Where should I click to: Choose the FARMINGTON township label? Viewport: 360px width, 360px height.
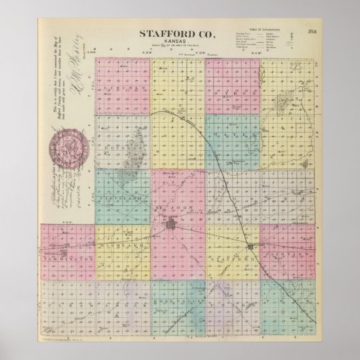point(68,258)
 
